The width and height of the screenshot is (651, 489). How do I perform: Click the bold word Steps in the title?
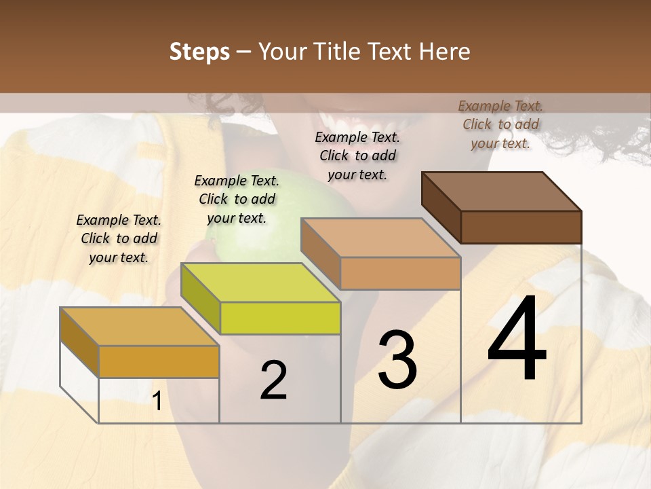coord(199,52)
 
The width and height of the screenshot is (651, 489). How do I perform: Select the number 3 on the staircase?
coord(397,360)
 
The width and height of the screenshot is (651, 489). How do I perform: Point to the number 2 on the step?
coord(273,380)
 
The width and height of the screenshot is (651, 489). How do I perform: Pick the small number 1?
coord(157,401)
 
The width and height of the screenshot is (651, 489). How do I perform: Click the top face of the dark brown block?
coord(501,191)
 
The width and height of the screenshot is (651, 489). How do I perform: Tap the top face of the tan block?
coord(380,238)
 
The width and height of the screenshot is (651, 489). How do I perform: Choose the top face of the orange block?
coord(139,327)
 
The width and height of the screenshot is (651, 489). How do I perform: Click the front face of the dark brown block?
coord(521,227)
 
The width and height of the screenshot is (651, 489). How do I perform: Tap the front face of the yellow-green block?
coord(280,318)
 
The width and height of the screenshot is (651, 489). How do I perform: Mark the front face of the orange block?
coord(159,361)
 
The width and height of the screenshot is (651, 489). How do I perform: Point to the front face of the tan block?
coord(400,273)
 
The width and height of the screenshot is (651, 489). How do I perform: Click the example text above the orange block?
coord(119,238)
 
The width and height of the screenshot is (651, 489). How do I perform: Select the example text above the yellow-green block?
coord(237,199)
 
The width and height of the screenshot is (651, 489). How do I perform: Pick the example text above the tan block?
coord(357,156)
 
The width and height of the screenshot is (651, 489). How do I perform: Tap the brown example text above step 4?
coord(500,124)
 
